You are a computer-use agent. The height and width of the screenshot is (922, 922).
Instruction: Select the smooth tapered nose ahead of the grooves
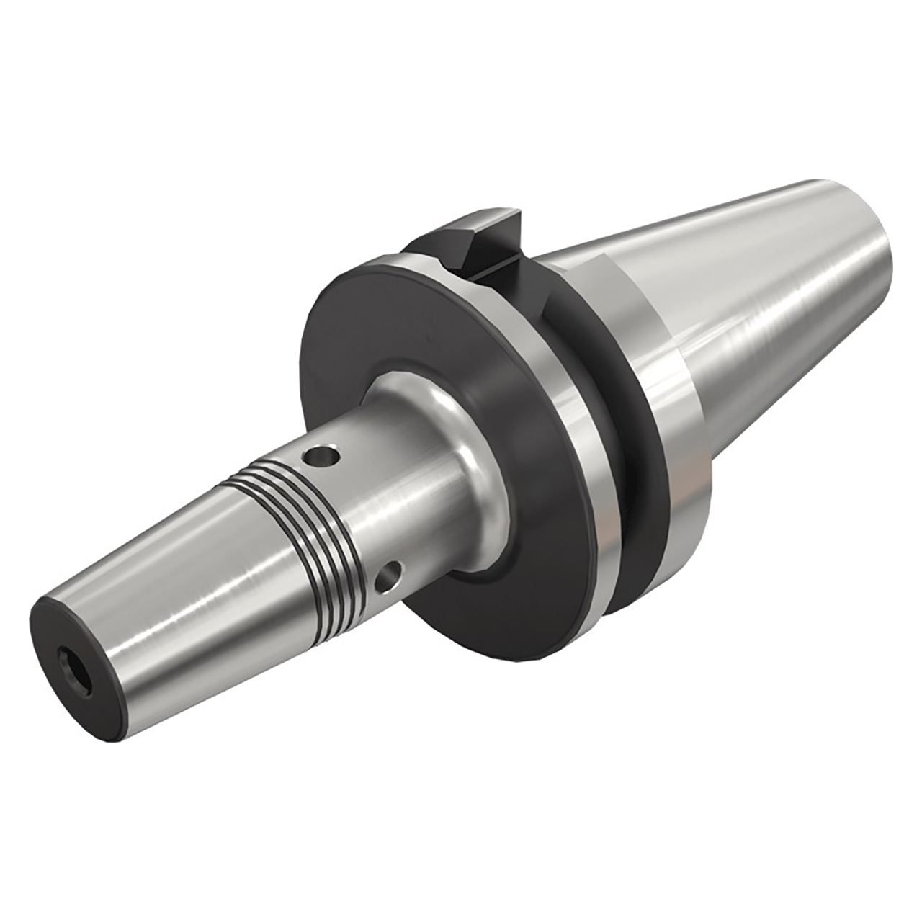pyautogui.click(x=158, y=569)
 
